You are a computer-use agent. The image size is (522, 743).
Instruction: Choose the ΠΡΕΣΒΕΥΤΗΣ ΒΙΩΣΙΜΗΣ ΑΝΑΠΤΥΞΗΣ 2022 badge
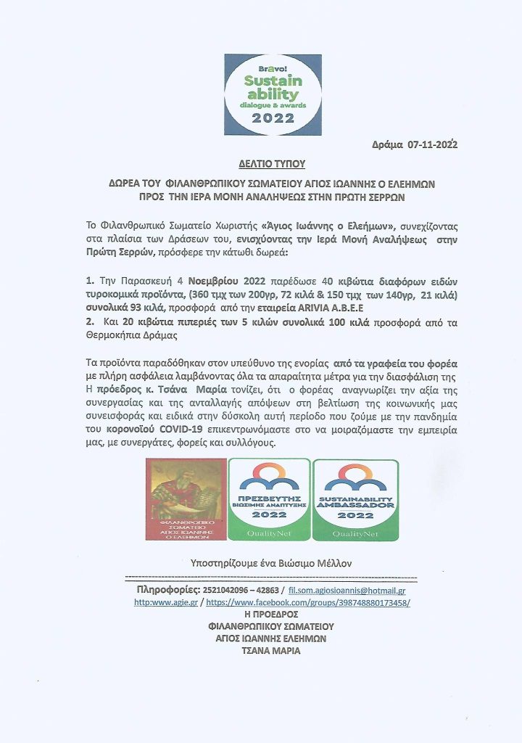pyautogui.click(x=269, y=499)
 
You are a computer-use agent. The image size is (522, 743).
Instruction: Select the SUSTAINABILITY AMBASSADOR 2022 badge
pyautogui.click(x=355, y=499)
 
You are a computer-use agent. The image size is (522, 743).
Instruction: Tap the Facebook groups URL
pyautogui.click(x=309, y=603)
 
